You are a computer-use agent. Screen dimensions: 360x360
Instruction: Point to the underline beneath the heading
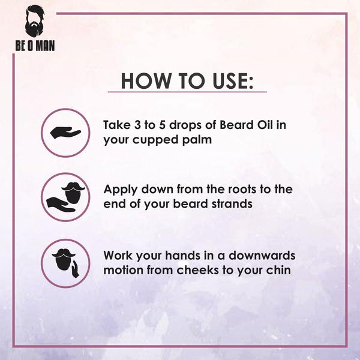click(187, 92)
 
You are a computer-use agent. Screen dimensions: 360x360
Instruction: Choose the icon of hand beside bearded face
click(65, 262)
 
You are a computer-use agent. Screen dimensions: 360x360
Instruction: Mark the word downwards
click(265, 255)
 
